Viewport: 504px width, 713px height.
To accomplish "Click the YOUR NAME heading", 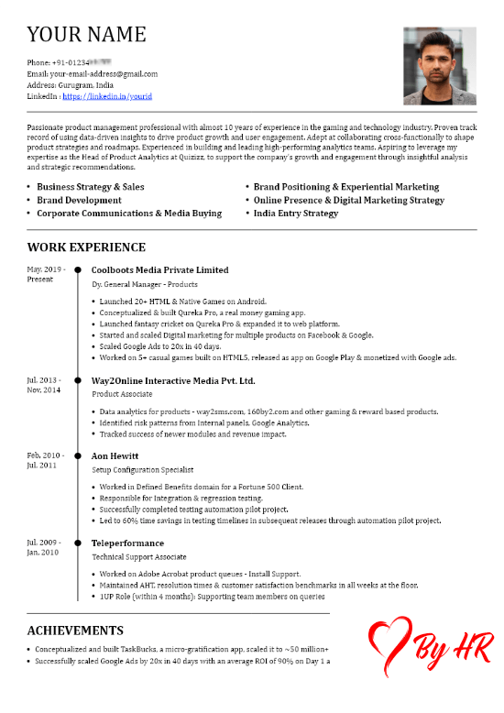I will (86, 35).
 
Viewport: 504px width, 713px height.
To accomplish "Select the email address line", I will (93, 73).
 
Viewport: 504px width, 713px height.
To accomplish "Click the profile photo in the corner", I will (440, 66).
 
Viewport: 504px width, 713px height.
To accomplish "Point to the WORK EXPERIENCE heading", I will (86, 247).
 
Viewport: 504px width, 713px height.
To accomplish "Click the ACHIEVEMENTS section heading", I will (75, 631).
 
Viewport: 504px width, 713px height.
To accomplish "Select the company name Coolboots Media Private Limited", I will (160, 270).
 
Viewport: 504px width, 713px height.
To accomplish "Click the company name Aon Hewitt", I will (115, 455).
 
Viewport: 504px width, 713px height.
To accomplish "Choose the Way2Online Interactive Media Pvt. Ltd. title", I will (173, 380).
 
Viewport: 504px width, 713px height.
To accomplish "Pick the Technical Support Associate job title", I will (138, 556).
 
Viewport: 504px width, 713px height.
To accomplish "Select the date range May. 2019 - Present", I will (46, 274).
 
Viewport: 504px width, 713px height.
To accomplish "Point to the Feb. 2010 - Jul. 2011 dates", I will (46, 460).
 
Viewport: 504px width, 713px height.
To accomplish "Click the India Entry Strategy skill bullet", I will (296, 214).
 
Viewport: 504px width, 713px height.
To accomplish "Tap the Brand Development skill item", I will (79, 200).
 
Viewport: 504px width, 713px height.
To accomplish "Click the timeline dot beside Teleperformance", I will (77, 542).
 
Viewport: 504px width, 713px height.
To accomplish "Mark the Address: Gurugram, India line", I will (77, 84).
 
